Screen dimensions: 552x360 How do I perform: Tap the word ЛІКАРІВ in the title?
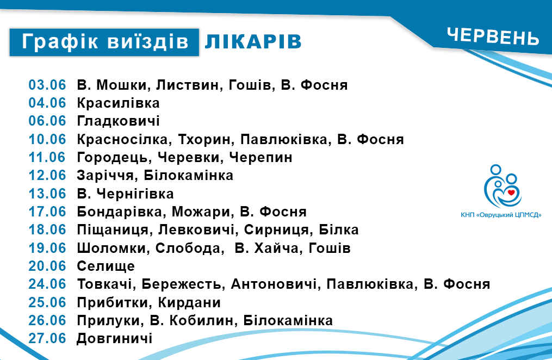tap(253, 41)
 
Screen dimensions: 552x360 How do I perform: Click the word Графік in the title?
tap(60, 41)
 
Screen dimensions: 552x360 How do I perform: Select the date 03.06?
tap(47, 85)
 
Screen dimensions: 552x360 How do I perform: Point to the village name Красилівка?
tap(119, 103)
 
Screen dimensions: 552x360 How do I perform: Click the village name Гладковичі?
tap(119, 121)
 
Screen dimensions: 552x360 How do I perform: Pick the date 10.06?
tap(47, 139)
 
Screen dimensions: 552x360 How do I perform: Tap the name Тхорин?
tap(204, 139)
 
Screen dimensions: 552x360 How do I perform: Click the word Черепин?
tap(261, 157)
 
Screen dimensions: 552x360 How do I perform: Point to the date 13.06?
tap(47, 194)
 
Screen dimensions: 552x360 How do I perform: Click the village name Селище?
tap(106, 266)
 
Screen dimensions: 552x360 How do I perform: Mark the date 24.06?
tap(47, 284)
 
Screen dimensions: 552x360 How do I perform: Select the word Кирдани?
tap(189, 302)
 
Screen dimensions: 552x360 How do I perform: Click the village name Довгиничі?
tap(114, 338)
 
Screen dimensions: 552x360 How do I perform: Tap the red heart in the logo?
tap(511, 192)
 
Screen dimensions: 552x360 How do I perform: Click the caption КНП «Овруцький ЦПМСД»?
tap(501, 215)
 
